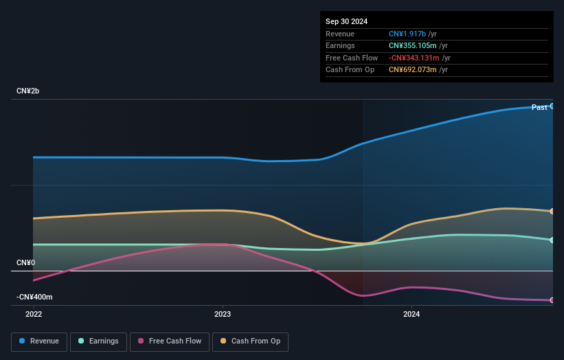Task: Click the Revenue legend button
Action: tap(38, 341)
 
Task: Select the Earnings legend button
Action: tap(98, 341)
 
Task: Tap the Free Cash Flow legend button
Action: tap(170, 341)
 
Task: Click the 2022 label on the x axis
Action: tap(33, 315)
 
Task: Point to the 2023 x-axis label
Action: tap(223, 315)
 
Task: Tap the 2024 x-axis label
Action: tap(411, 315)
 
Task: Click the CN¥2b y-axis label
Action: tap(28, 91)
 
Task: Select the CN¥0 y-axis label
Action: tap(25, 263)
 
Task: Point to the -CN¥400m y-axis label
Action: tap(35, 297)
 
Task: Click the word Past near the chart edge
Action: tap(539, 107)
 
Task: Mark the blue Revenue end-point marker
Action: tap(552, 106)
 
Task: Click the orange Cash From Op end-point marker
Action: tap(552, 211)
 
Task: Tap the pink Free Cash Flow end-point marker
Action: tap(552, 300)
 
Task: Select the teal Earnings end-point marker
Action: tap(552, 240)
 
